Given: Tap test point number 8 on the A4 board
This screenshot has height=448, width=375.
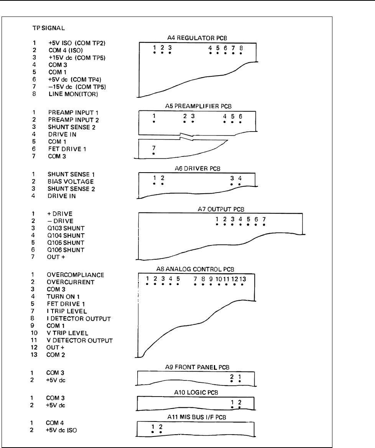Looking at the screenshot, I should tap(241, 48).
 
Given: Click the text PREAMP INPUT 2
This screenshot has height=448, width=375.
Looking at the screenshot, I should tap(69, 119).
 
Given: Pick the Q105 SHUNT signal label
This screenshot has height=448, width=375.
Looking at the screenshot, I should tap(63, 243).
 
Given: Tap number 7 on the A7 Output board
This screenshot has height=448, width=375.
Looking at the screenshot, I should tap(264, 219).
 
